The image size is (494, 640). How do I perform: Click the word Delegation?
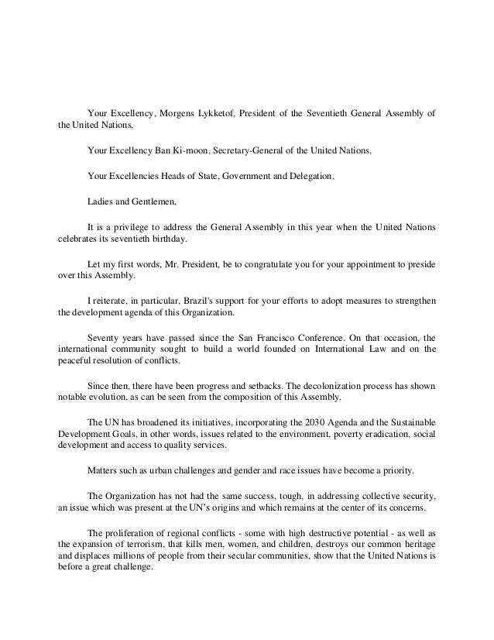click(308, 177)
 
